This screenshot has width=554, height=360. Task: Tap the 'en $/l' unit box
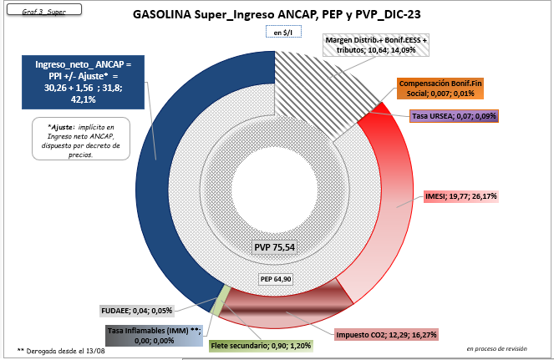[x=277, y=33]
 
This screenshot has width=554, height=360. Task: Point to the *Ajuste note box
[x=77, y=139]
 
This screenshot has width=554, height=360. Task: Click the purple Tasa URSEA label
[x=454, y=115]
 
